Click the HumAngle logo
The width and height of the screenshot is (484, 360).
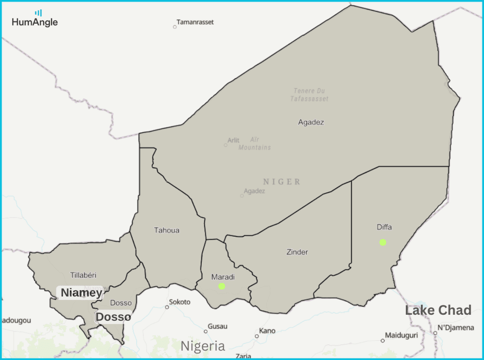tap(35, 19)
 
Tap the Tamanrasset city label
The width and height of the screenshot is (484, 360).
tap(195, 22)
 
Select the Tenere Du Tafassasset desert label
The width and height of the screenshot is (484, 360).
tap(310, 94)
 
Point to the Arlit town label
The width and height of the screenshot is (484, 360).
tap(233, 140)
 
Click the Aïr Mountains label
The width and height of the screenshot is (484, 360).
tap(255, 144)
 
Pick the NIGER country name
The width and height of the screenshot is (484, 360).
tap(282, 182)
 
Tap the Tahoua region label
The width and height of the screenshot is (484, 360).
tap(167, 231)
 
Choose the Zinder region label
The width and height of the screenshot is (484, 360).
tap(297, 252)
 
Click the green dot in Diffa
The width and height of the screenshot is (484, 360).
tap(383, 242)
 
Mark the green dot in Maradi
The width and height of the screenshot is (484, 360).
tap(222, 286)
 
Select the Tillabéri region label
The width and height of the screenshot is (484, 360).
tap(83, 275)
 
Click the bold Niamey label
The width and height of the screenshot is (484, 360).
tap(81, 293)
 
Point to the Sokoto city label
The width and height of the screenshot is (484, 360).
tap(180, 302)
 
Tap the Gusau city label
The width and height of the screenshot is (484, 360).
tap(218, 326)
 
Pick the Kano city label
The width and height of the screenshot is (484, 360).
tap(268, 331)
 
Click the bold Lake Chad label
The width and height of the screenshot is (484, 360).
tap(438, 310)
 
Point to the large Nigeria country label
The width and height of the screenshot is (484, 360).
tap(203, 346)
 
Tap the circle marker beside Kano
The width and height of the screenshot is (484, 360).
tap(257, 336)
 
